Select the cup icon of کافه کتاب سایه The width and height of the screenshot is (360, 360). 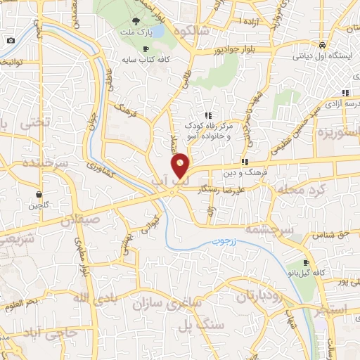click(145, 49)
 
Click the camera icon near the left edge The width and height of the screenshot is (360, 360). click(11, 40)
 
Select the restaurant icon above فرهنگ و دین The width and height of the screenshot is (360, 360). click(244, 162)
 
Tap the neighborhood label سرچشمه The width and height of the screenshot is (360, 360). click(267, 229)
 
